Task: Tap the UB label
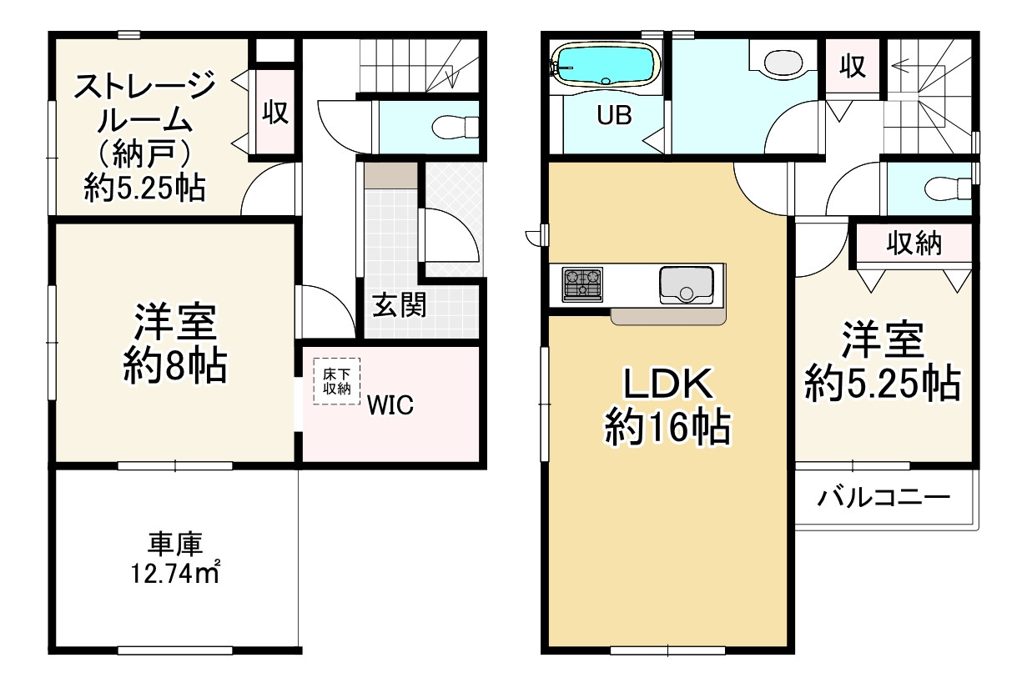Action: coord(613,116)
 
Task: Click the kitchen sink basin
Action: coord(686,285)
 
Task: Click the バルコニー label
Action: coord(884,499)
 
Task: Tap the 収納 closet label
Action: coord(914,244)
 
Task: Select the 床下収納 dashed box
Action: coord(336,381)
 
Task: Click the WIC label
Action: coord(392,406)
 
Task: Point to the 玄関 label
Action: coord(399,305)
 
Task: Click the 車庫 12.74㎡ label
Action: coord(175,559)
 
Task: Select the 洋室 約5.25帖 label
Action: coord(882,361)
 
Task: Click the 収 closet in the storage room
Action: coord(275,113)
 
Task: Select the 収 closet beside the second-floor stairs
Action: coord(852,66)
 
